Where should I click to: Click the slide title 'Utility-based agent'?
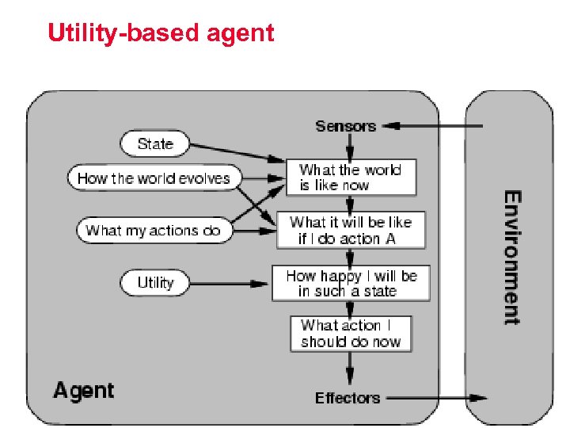coord(161,33)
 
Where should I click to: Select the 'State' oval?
coord(154,143)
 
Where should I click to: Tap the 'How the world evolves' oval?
coord(153,178)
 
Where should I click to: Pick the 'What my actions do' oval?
coord(153,231)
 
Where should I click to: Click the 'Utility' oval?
coord(154,283)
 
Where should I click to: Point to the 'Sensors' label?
coord(345,126)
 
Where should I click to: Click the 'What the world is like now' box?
coord(350,178)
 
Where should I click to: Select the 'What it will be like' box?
coord(350,230)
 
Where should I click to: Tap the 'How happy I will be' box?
coord(351,283)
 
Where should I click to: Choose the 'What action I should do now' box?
coord(351,334)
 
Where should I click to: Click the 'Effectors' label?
coord(348,398)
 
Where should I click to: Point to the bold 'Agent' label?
coord(83,390)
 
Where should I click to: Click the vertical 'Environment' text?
coord(512,257)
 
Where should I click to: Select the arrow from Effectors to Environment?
coord(435,398)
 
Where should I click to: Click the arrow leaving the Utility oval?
coord(230,283)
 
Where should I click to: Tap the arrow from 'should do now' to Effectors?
coord(350,369)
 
